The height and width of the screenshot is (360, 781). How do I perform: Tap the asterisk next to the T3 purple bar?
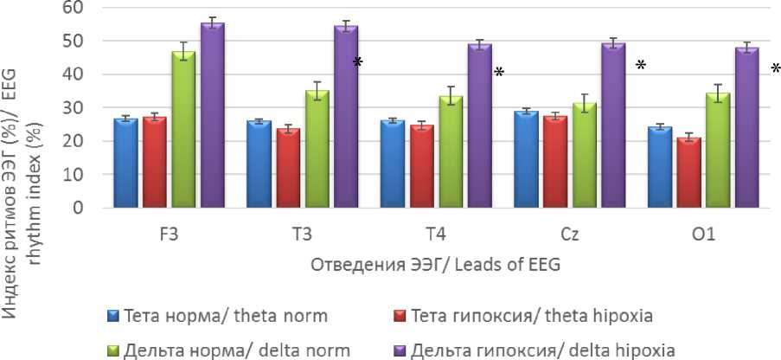[357, 63]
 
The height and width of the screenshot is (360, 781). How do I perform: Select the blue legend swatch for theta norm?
[111, 316]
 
